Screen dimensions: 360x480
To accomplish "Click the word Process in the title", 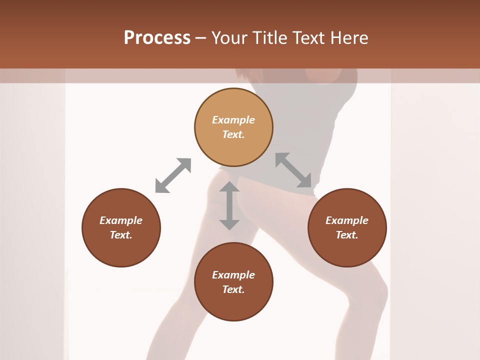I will (x=157, y=38).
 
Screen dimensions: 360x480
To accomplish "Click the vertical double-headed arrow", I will (x=229, y=205).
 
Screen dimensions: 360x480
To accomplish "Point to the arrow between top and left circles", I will (x=173, y=175).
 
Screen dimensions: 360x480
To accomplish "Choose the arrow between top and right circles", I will (x=293, y=170).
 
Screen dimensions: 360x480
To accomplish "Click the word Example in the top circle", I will (x=233, y=120).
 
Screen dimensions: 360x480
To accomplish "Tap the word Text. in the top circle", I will (x=233, y=134).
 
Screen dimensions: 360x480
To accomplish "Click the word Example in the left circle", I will (x=121, y=220).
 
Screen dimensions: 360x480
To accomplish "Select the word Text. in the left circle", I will (x=121, y=235).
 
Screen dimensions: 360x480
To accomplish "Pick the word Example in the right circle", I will (x=347, y=220).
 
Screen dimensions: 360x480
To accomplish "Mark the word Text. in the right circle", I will (x=347, y=235).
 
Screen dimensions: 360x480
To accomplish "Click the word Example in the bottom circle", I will (x=233, y=275).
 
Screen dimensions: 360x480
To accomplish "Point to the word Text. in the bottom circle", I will (x=233, y=289).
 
